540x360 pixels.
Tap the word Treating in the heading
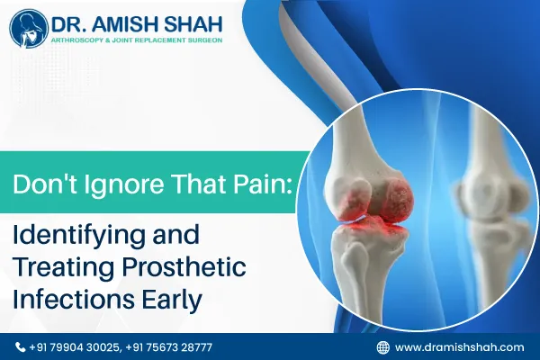click(56, 269)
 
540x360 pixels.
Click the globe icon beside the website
click(382, 346)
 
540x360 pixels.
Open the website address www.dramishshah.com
click(459, 346)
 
